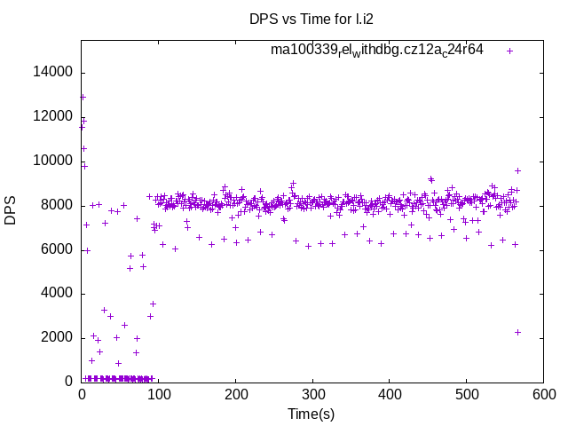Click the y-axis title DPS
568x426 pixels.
11,209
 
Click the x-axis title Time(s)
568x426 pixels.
312,414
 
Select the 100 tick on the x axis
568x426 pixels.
159,395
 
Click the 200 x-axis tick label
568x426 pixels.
235,395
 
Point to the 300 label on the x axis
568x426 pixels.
312,395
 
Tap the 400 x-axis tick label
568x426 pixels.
390,395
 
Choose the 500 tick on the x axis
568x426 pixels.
467,395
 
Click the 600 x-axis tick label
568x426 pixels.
543,395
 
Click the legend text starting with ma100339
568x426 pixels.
377,50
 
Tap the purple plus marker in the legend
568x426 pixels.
509,51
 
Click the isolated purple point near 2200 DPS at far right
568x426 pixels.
517,332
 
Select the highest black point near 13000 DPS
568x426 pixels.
83,97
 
